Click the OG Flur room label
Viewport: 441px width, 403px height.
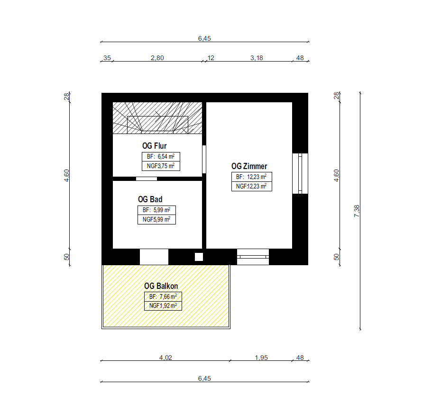(155, 146)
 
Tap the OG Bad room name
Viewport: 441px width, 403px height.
(150, 199)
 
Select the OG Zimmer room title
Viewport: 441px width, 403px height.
(249, 166)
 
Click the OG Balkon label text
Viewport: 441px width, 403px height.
(161, 286)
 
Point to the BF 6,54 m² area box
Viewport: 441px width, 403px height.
(161, 157)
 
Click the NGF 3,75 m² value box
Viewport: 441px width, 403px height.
(161, 166)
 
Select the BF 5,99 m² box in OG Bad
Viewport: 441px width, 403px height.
(156, 210)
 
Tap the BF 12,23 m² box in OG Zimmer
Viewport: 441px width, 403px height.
(252, 177)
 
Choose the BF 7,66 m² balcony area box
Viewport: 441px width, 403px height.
(163, 296)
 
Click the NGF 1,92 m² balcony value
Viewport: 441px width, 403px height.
(163, 306)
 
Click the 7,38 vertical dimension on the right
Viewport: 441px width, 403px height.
(357, 211)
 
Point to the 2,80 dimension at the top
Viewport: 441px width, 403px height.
(157, 58)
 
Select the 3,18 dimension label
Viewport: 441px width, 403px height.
(257, 58)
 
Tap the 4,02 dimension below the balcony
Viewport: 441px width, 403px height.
(165, 358)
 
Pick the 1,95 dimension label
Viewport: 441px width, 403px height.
(261, 358)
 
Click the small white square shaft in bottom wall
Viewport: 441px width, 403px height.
(199, 257)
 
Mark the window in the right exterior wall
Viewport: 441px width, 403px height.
(300, 173)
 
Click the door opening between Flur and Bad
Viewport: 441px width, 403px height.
(147, 179)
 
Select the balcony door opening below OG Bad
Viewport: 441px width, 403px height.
(154, 257)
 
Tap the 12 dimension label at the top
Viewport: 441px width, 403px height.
(211, 58)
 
